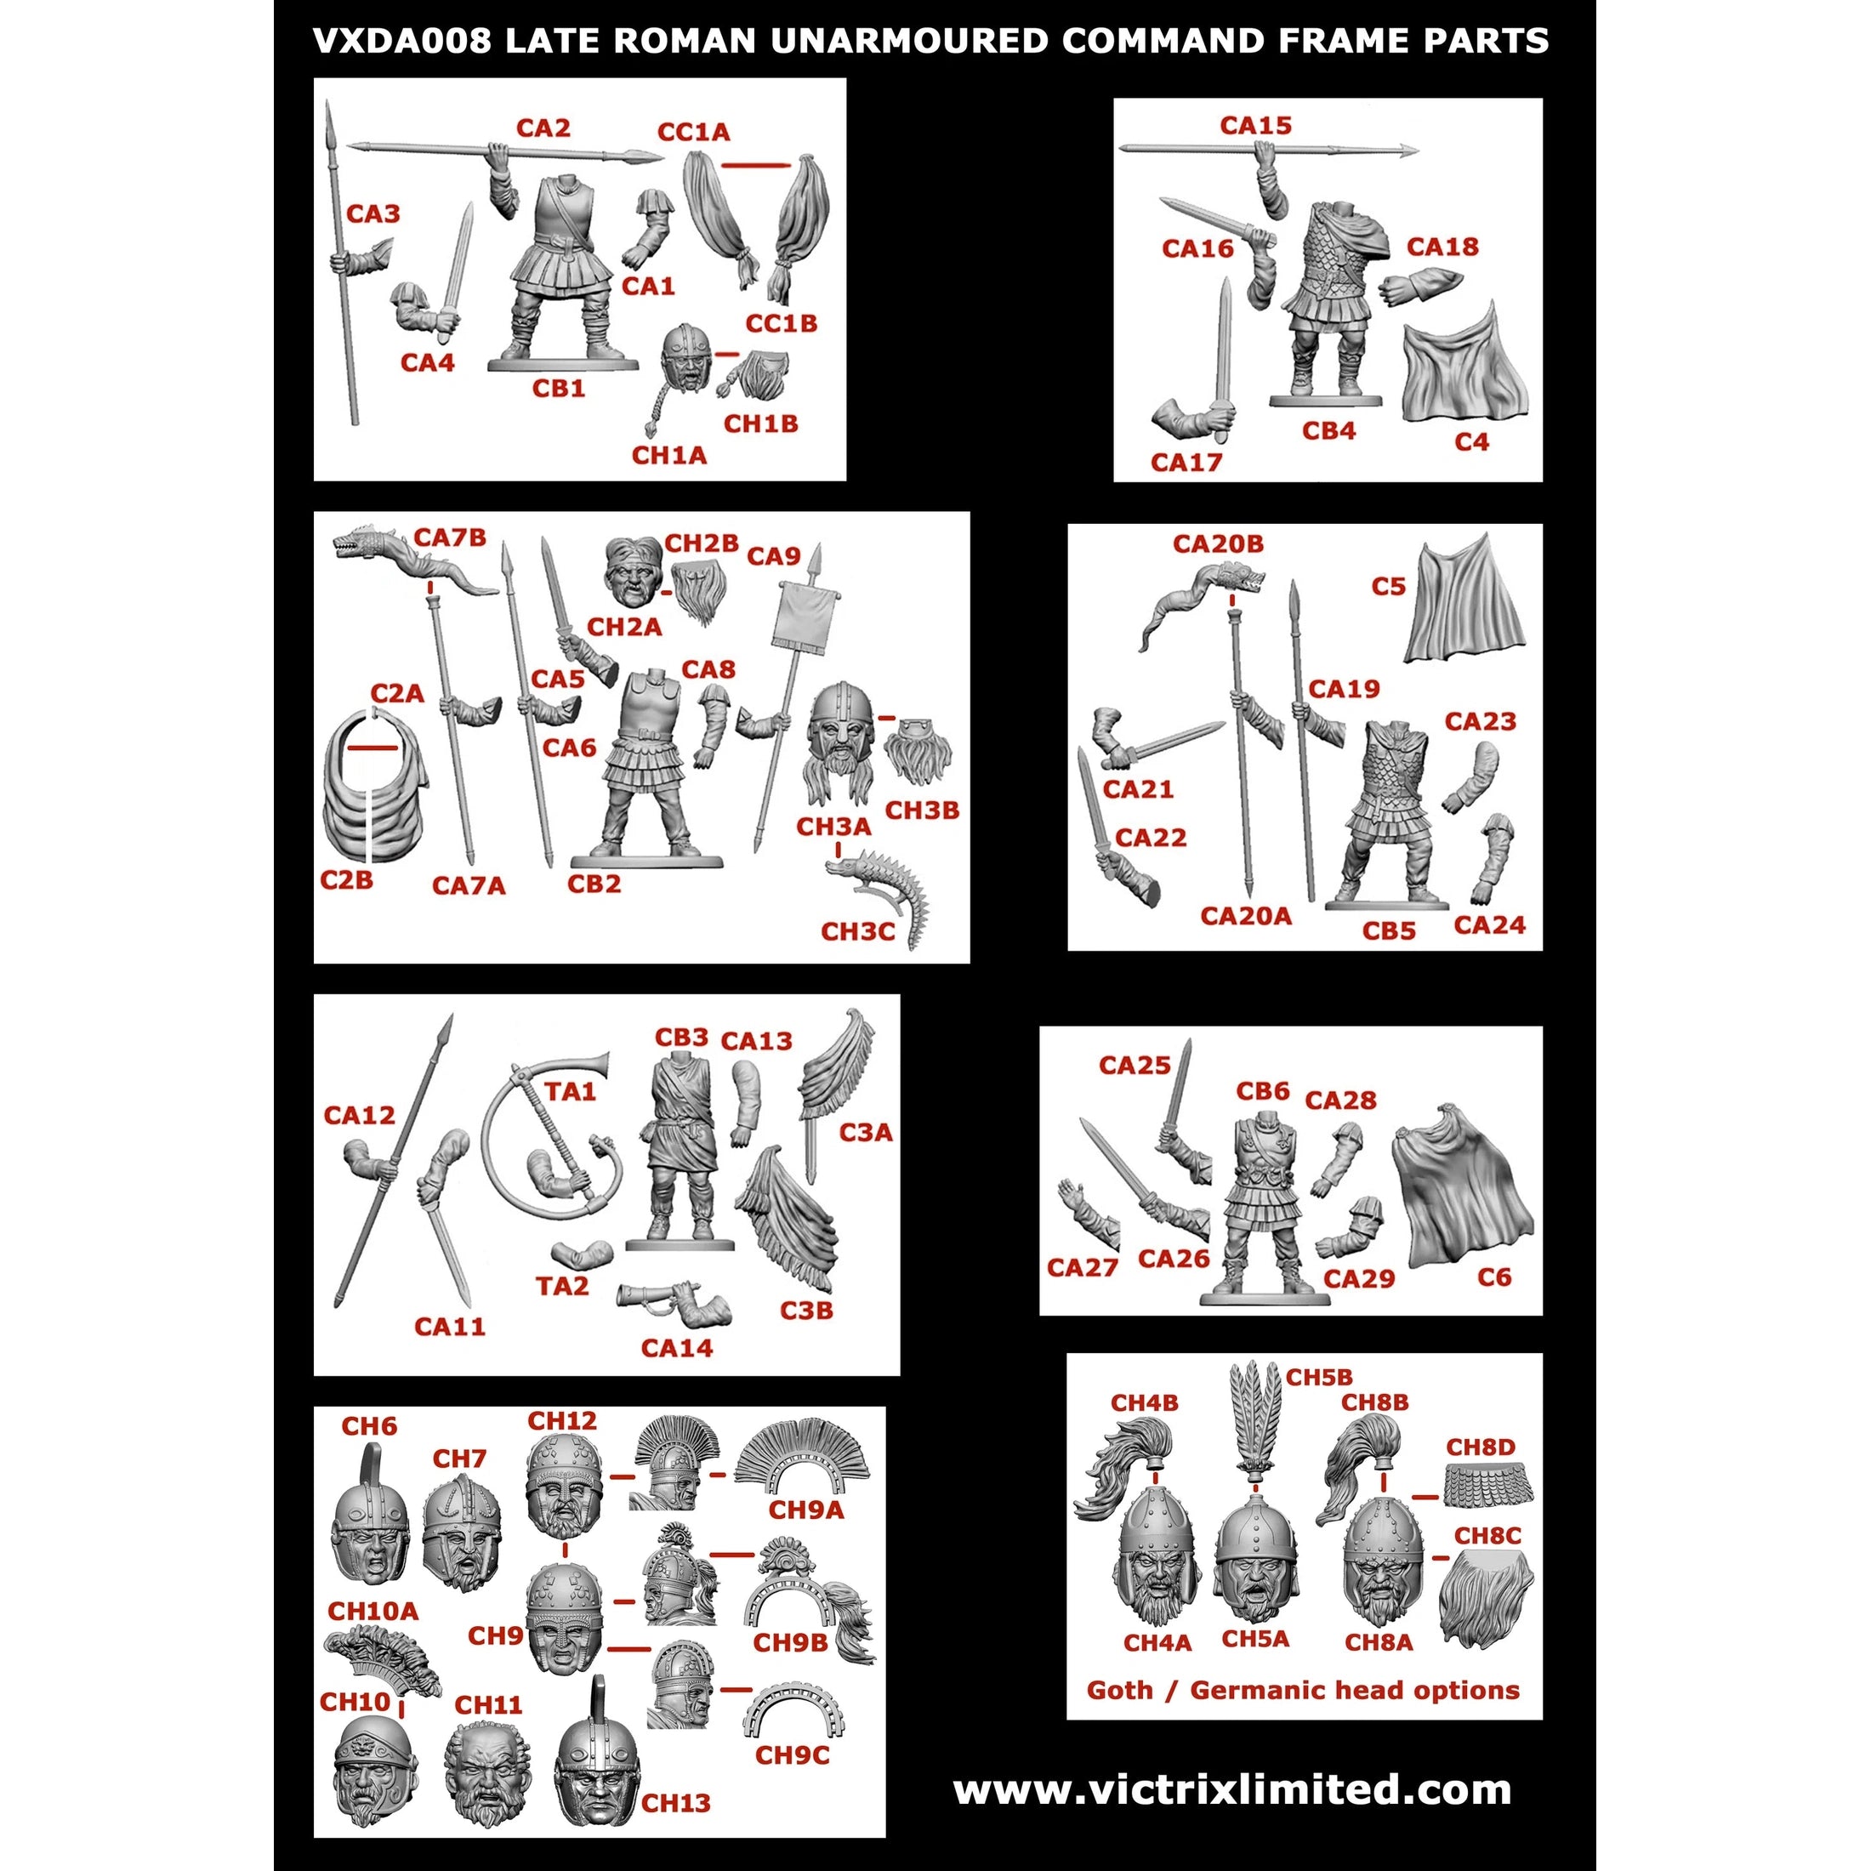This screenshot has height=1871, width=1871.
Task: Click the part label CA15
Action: tap(1256, 125)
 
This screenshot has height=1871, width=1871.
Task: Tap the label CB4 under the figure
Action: tap(1328, 431)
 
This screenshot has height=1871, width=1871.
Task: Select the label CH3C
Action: tap(858, 931)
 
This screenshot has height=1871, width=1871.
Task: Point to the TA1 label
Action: tap(570, 1091)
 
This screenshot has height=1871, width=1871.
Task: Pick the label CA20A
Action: tap(1245, 916)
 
